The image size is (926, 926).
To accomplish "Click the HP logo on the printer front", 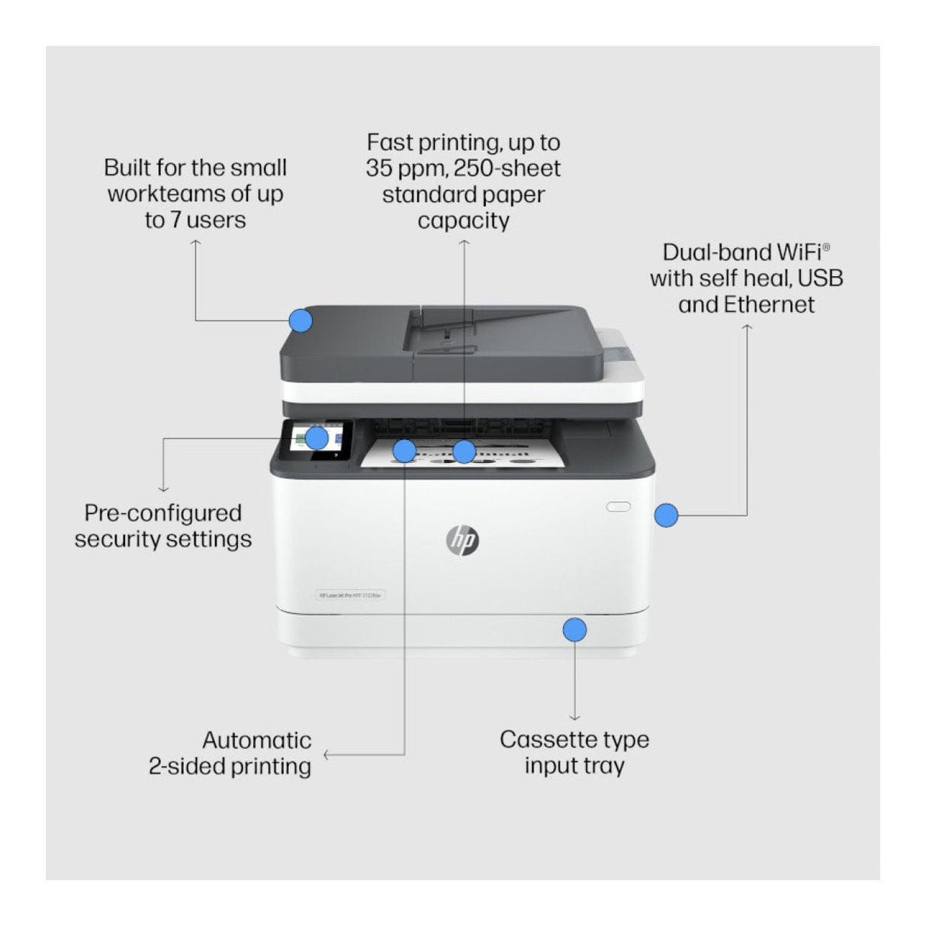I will (x=461, y=540).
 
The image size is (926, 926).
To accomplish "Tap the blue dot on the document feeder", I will (x=301, y=320).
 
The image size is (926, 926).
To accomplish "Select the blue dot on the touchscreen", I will (x=317, y=438).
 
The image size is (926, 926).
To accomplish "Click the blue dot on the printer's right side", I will (x=666, y=515).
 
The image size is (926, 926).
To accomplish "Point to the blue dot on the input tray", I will (x=574, y=630).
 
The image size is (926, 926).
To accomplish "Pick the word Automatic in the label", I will (x=257, y=740).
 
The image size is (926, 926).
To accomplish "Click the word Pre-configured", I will (x=162, y=513).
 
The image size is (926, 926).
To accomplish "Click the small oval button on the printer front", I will (x=619, y=506).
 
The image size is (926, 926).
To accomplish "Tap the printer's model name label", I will (x=351, y=595).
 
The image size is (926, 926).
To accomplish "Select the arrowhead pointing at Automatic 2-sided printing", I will (x=326, y=755).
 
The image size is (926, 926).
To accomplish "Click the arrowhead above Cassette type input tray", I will (x=574, y=717).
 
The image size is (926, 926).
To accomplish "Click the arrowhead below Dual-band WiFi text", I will (x=748, y=327).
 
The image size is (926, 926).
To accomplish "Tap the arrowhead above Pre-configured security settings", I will (x=162, y=488).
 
